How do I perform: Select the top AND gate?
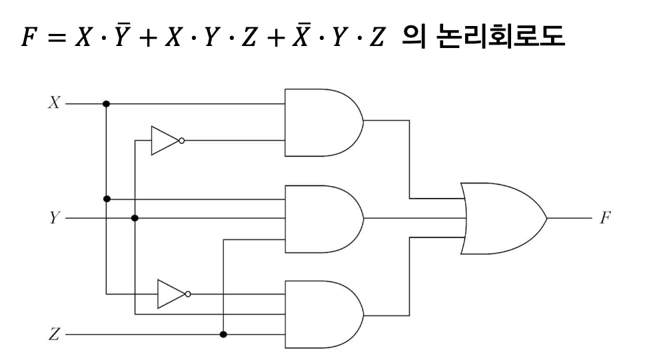click(x=322, y=122)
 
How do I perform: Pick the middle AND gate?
click(x=322, y=219)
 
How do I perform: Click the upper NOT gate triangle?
click(x=163, y=141)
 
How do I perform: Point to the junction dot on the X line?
click(x=107, y=104)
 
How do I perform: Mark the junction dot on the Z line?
click(x=223, y=333)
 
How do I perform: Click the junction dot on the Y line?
click(x=135, y=218)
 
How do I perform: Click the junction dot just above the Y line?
click(x=107, y=199)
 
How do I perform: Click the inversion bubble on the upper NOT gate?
click(x=182, y=141)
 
